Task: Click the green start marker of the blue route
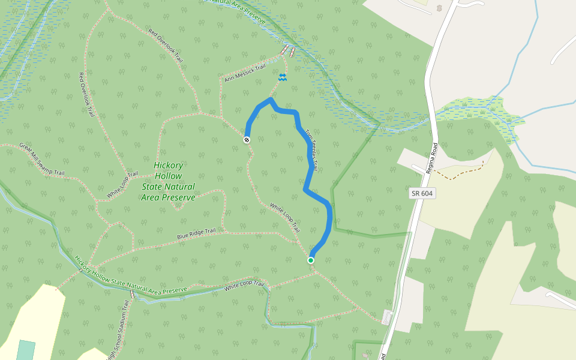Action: click(x=311, y=260)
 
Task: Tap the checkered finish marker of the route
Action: click(x=247, y=140)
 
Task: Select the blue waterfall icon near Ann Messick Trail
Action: click(x=282, y=77)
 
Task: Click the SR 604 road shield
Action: click(x=422, y=193)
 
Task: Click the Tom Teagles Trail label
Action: click(x=311, y=150)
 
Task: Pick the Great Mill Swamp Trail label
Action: click(x=41, y=159)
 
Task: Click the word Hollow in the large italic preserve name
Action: click(x=168, y=176)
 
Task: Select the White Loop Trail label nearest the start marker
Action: click(x=285, y=217)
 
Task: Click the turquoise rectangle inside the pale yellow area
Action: click(x=26, y=350)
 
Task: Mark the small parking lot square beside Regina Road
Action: click(x=387, y=317)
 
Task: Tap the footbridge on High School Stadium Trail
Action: click(x=133, y=295)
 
